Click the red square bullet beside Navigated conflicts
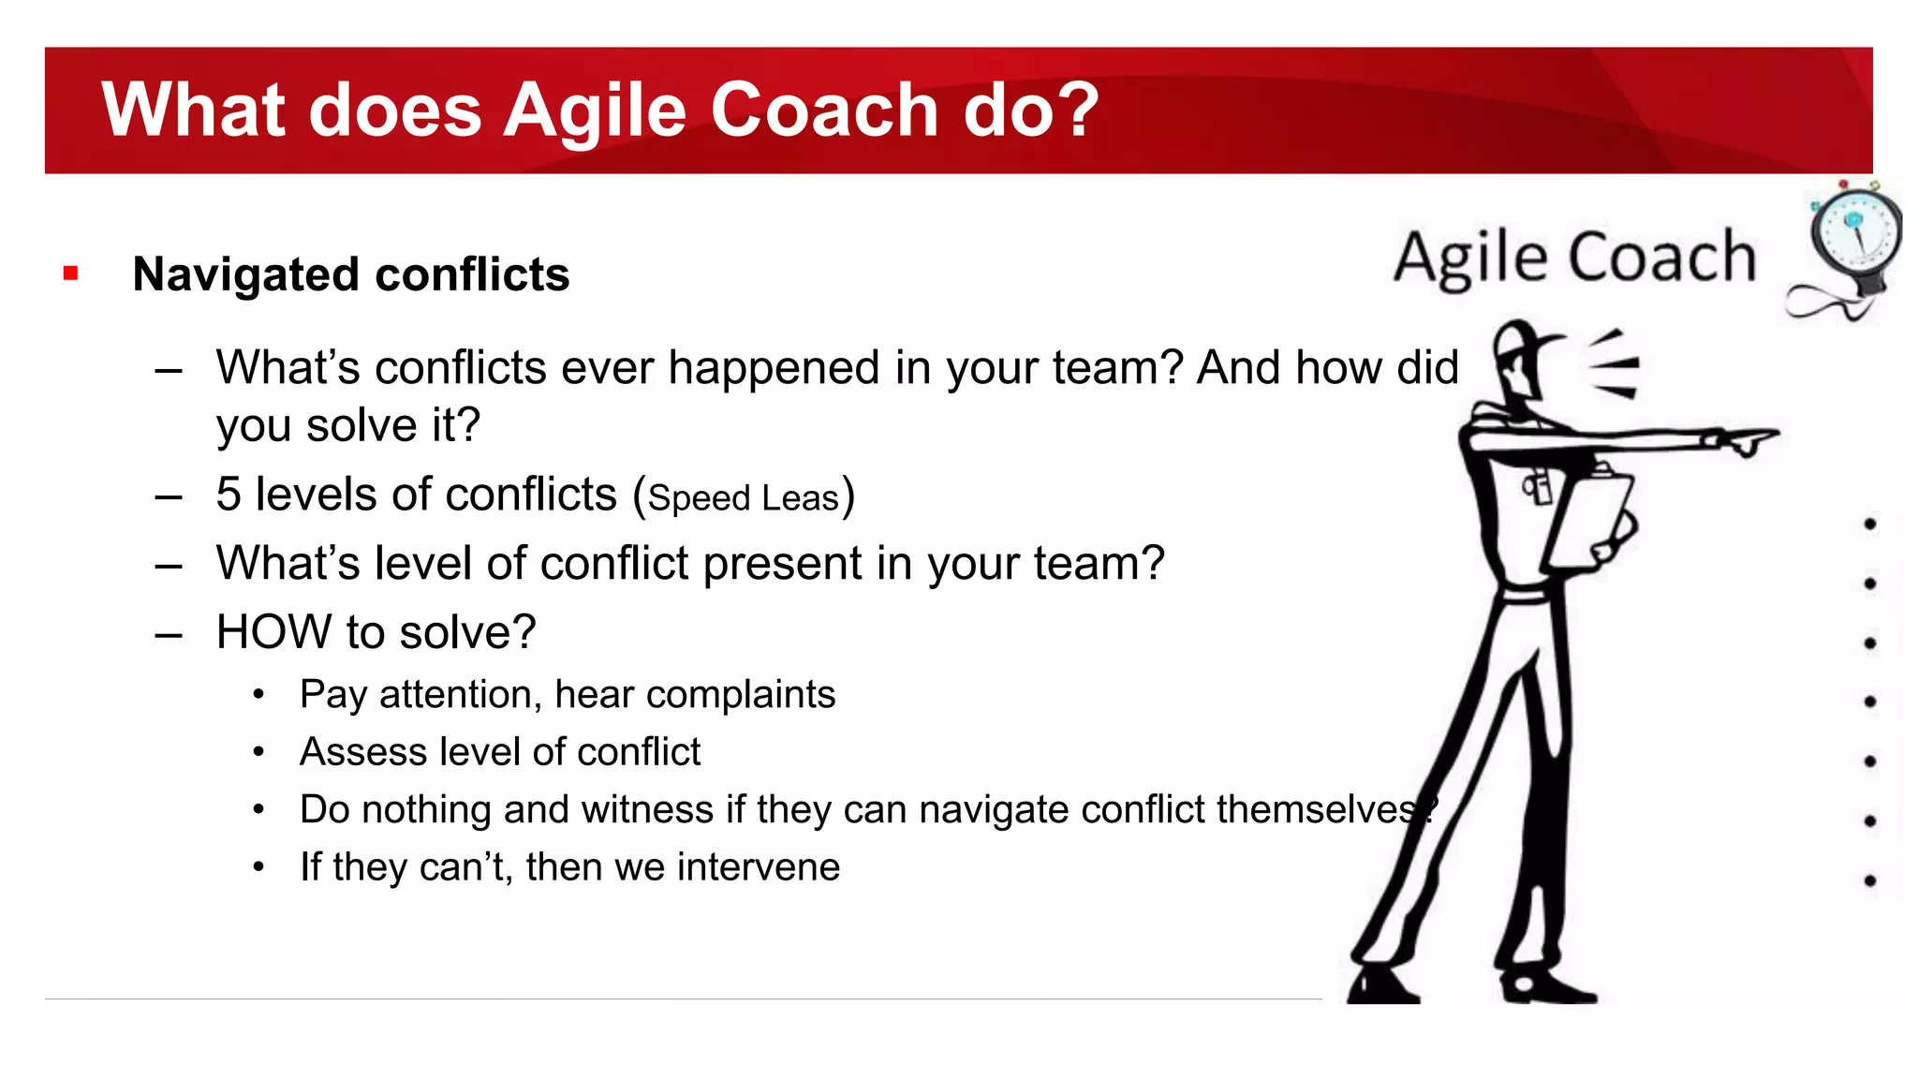[x=70, y=273]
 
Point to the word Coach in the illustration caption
[x=1661, y=257]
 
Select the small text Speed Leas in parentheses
[x=744, y=497]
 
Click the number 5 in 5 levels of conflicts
[x=229, y=494]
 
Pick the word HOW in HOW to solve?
[x=273, y=632]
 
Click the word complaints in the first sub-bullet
[x=740, y=695]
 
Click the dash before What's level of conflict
[x=169, y=565]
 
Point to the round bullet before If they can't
[x=259, y=867]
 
